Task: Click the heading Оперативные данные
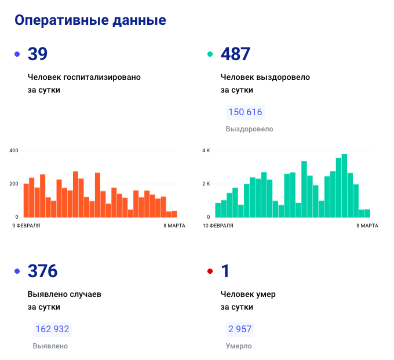[90, 20]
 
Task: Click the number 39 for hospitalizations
[38, 54]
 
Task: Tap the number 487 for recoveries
[236, 54]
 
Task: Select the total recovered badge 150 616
[245, 112]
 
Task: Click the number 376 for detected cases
[43, 271]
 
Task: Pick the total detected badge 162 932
[53, 329]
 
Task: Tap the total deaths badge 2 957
[239, 329]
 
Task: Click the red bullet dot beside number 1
[210, 271]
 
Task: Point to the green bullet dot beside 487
[210, 54]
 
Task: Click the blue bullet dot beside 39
[17, 54]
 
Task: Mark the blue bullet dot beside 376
[17, 271]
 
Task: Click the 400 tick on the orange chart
[14, 150]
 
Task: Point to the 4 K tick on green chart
[206, 150]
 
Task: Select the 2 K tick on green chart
[206, 184]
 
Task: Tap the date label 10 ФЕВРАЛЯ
[218, 225]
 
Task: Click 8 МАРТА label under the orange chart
[174, 225]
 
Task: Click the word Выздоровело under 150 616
[249, 129]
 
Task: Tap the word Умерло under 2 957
[239, 346]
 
